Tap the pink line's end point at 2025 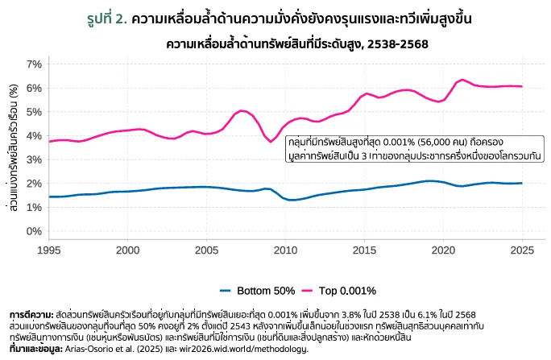coord(522,86)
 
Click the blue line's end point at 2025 coord(522,183)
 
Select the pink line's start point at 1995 coord(49,141)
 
